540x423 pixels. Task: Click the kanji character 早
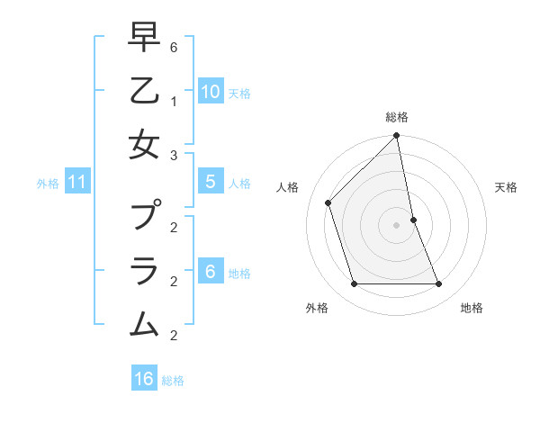click(144, 37)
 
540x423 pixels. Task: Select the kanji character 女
click(144, 144)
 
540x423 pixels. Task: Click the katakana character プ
click(145, 216)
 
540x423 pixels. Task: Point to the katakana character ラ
click(144, 270)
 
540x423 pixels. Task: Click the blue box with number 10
click(210, 91)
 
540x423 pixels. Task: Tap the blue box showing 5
click(210, 182)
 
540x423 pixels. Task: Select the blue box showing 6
click(210, 272)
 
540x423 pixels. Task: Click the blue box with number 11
click(76, 183)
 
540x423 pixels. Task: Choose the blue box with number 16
click(144, 379)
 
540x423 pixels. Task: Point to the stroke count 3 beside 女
click(173, 155)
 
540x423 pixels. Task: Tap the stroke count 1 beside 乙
click(173, 101)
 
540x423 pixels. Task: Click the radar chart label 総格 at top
click(397, 117)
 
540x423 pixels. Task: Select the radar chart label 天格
click(507, 187)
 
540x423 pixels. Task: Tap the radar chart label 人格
click(288, 187)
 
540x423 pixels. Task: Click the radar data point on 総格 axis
click(397, 137)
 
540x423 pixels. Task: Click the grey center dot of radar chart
click(397, 225)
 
